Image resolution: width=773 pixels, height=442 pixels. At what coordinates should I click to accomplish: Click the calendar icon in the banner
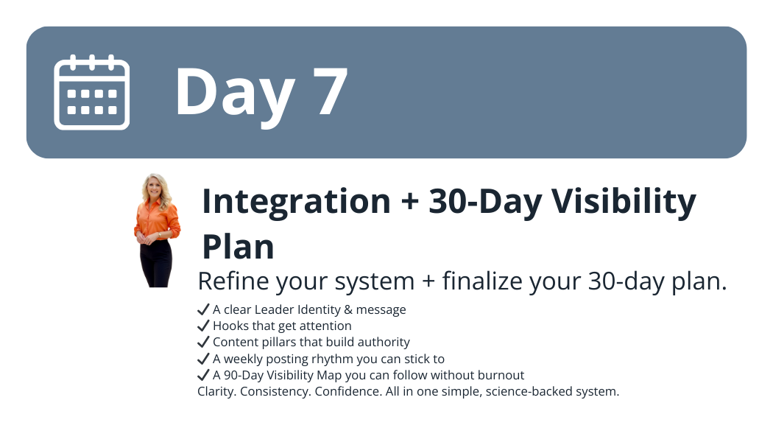pos(92,92)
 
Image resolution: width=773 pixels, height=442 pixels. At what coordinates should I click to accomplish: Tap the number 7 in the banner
pos(330,91)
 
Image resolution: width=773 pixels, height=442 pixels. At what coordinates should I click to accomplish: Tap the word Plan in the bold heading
pos(238,247)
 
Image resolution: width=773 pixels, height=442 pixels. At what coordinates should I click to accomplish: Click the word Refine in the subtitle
pos(232,281)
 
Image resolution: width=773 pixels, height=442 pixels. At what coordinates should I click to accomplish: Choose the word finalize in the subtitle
pos(482,281)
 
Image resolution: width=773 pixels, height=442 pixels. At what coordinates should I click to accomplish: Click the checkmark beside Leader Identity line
pos(203,310)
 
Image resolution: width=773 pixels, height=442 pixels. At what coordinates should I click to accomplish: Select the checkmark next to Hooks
pos(203,326)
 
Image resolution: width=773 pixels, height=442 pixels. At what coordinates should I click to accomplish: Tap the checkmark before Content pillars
pos(203,343)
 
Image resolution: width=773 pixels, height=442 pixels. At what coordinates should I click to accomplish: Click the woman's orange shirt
pos(158,220)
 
